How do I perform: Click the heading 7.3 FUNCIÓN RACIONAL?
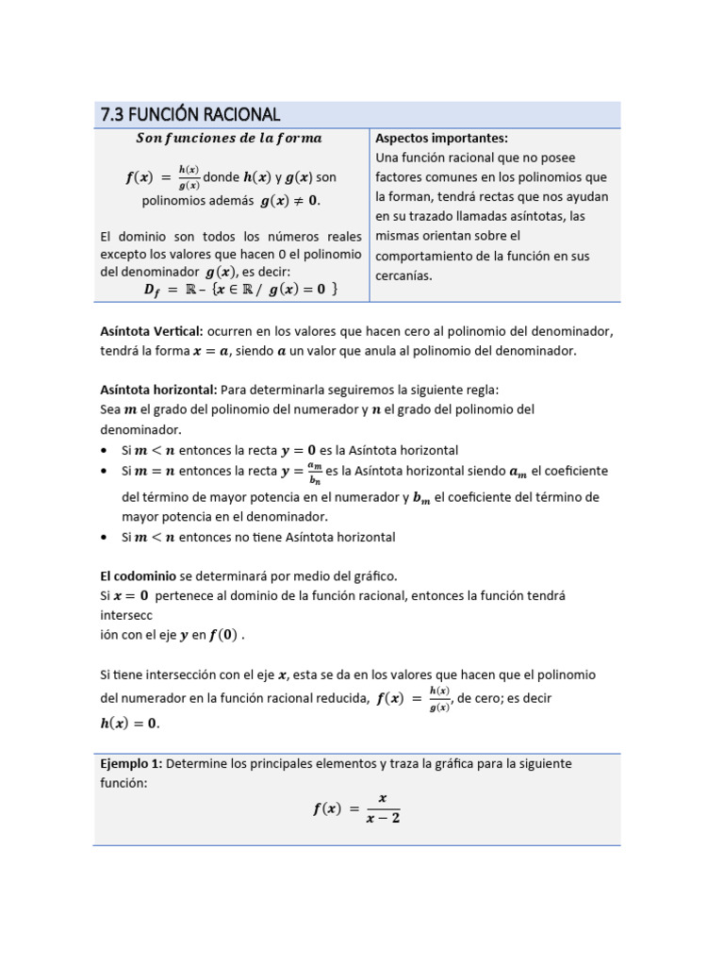point(189,114)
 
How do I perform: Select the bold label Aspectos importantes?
point(441,138)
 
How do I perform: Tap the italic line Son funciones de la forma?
point(228,138)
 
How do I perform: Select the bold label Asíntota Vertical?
point(152,331)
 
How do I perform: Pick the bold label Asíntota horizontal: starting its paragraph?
point(158,390)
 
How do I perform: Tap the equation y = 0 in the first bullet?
point(298,451)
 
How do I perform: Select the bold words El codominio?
point(140,575)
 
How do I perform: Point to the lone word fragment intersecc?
point(127,616)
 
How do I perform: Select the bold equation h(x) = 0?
point(129,724)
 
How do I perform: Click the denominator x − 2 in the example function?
point(383,818)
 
